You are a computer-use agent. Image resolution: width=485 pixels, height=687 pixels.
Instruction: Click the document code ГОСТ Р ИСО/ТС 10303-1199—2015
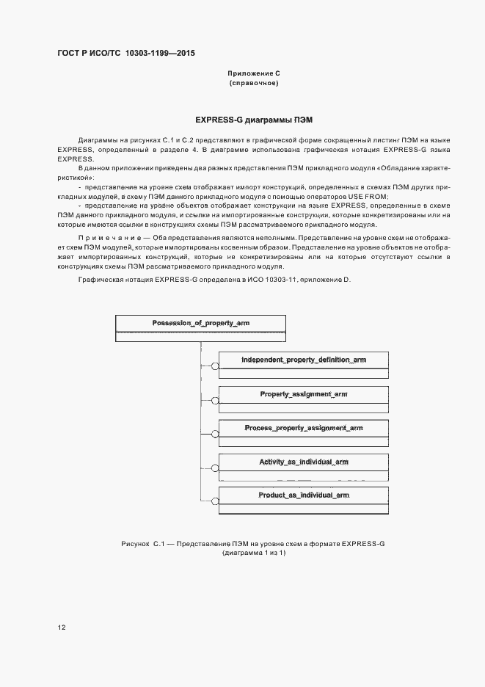(125, 54)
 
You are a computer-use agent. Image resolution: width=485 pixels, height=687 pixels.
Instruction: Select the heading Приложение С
(253, 74)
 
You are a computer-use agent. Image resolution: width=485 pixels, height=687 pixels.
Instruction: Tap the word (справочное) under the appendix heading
(253, 83)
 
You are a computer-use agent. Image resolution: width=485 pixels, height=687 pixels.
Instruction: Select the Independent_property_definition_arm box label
(303, 360)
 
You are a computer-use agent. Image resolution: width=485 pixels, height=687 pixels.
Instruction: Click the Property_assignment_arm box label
(303, 394)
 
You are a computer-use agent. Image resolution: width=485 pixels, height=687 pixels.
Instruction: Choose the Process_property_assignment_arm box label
(303, 428)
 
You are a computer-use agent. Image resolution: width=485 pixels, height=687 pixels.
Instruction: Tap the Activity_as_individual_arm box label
(303, 462)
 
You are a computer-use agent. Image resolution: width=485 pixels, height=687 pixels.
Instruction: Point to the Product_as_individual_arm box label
(303, 495)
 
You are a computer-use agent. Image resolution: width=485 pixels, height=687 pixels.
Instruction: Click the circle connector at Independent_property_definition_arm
(215, 366)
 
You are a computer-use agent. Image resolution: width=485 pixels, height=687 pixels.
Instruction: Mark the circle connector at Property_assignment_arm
(215, 401)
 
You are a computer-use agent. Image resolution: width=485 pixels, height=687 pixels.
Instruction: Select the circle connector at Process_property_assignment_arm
(215, 435)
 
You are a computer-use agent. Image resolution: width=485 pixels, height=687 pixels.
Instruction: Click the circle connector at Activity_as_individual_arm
(215, 468)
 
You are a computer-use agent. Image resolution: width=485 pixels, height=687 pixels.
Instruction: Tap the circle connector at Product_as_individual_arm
(215, 502)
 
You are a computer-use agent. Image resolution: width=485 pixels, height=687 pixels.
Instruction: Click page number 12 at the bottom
(62, 628)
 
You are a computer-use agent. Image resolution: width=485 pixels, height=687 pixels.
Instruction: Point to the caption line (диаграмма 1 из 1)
(253, 553)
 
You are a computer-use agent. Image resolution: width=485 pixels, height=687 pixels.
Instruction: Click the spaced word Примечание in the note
(100, 237)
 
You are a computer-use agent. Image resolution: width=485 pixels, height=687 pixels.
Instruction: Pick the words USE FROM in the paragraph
(368, 197)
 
